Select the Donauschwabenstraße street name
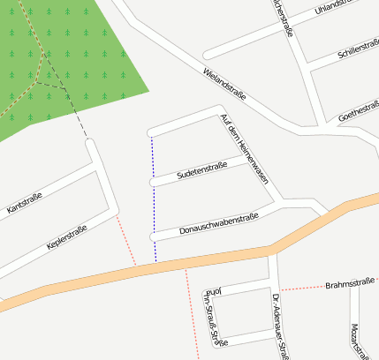[218, 225]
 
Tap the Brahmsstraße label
[350, 284]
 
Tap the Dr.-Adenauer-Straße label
[280, 326]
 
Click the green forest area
[80, 62]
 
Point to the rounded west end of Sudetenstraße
[153, 183]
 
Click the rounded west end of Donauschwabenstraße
[154, 236]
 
